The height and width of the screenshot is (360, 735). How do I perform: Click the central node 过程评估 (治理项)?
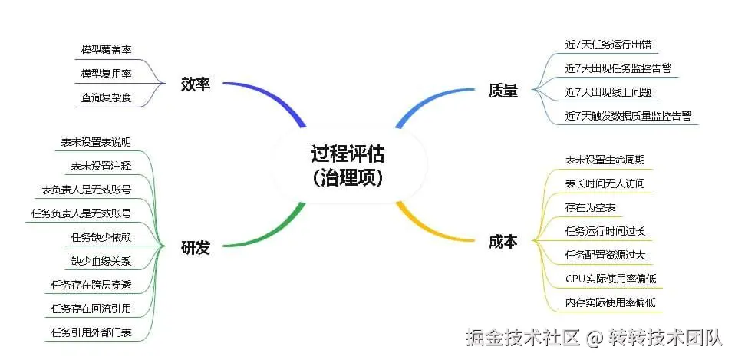click(x=348, y=165)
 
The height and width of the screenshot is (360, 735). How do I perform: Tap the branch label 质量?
click(x=503, y=91)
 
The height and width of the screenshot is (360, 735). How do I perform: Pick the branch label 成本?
click(x=503, y=242)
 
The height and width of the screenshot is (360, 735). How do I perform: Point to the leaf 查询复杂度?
click(x=107, y=97)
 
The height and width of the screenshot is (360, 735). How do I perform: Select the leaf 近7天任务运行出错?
click(x=609, y=45)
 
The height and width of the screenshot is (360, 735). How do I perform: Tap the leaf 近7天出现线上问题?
click(x=608, y=92)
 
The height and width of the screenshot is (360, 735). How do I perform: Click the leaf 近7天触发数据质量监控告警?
click(x=628, y=116)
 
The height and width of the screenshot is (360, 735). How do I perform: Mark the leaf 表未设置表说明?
click(x=96, y=142)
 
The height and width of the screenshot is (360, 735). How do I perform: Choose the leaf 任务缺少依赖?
click(x=101, y=236)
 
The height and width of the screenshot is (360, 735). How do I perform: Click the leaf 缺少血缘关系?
click(x=101, y=261)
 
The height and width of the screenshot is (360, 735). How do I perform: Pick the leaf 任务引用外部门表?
click(x=91, y=332)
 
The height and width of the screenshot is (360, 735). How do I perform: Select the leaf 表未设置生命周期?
click(x=605, y=160)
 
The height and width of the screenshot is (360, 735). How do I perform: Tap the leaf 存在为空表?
click(x=590, y=207)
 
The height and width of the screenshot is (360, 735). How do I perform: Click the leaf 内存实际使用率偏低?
click(x=610, y=302)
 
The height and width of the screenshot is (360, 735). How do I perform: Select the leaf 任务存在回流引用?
click(x=91, y=308)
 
